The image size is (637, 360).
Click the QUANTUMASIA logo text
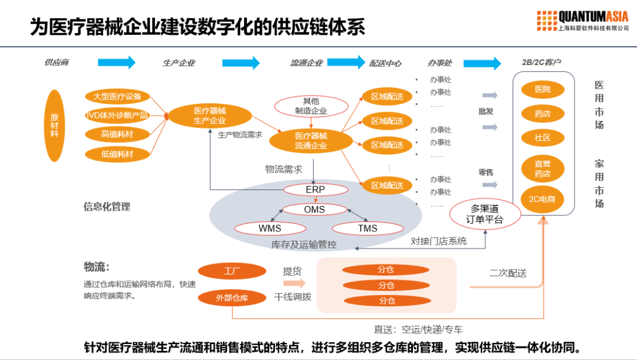[x=593, y=16]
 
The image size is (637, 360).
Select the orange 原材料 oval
[x=54, y=126]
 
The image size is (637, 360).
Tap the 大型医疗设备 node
[x=117, y=96]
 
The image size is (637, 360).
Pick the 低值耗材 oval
[x=117, y=155]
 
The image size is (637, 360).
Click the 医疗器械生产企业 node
[x=209, y=116]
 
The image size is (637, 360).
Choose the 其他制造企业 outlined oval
[x=311, y=106]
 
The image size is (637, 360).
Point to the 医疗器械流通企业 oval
[x=311, y=140]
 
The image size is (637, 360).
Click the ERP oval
[x=315, y=190]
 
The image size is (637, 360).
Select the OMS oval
[x=314, y=210]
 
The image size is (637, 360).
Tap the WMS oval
[x=270, y=228]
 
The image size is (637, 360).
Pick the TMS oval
[x=367, y=228]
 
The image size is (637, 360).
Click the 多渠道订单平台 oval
[x=485, y=214]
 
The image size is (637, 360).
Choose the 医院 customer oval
[x=543, y=90]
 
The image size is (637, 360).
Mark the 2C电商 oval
[x=542, y=199]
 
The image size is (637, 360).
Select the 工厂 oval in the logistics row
[x=232, y=271]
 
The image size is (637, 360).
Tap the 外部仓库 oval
[x=232, y=298]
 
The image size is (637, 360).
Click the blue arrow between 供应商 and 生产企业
[x=116, y=63]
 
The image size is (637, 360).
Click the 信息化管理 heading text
[x=107, y=207]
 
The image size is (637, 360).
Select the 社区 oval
[x=543, y=138]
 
